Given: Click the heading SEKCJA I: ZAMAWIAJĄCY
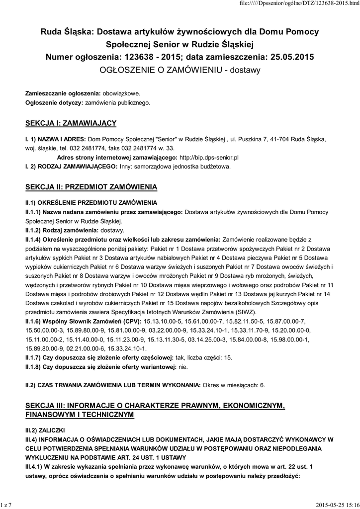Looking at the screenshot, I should click(71, 122).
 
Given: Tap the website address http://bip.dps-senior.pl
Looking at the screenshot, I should click(213, 157).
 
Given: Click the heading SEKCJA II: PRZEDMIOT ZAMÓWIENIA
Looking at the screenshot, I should click(91, 187).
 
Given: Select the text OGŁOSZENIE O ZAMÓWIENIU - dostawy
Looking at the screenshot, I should click(180, 70).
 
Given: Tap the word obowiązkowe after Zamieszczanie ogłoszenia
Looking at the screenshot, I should click(122, 93).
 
